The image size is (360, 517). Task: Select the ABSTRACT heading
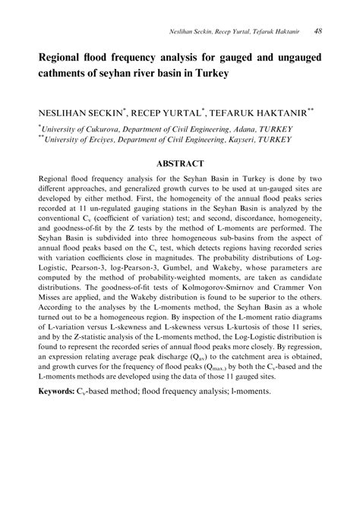(180, 163)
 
